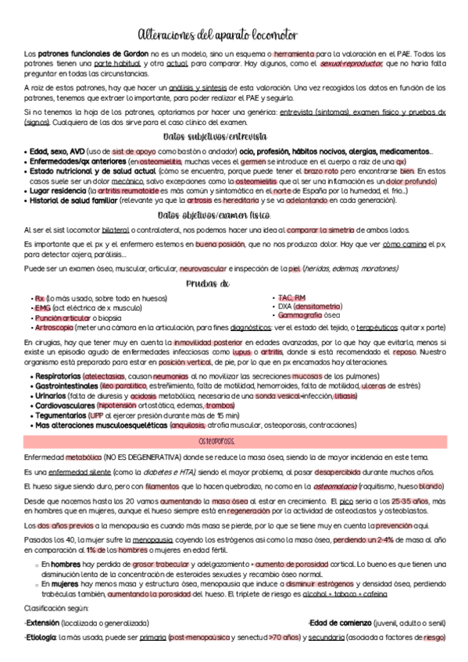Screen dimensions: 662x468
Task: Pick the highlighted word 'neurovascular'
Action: (205, 270)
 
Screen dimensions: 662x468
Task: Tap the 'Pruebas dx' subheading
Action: (208, 284)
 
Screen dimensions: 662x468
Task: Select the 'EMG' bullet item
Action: (42, 308)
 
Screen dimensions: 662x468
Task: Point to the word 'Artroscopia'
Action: (54, 328)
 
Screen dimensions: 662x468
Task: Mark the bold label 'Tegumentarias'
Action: (59, 416)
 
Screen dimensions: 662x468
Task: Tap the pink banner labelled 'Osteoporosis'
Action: (234, 442)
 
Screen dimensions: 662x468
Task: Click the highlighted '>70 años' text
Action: (284, 638)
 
